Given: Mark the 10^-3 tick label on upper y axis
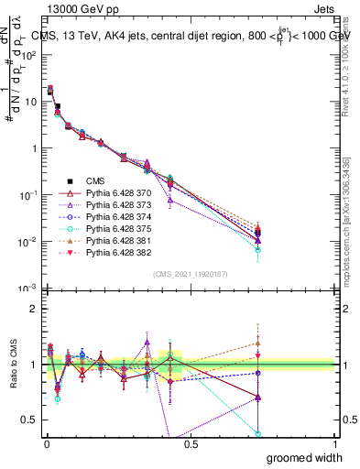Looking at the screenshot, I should pyautogui.click(x=25, y=289).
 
